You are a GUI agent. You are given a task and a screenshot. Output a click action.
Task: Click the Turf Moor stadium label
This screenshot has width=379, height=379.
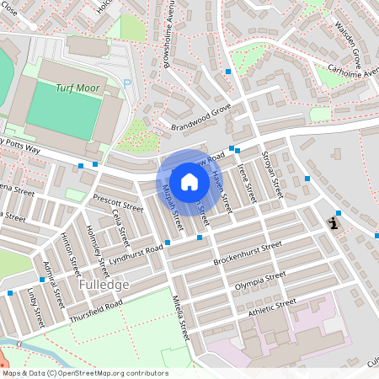click(x=77, y=88)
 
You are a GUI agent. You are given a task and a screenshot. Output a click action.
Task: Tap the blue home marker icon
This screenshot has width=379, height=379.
click(x=189, y=181)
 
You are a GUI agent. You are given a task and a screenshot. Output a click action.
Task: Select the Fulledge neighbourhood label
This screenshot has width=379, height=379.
click(x=104, y=285)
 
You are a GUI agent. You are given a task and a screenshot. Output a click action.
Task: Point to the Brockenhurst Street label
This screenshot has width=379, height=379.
click(x=247, y=252)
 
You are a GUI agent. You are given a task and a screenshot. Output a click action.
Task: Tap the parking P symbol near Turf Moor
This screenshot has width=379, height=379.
click(x=127, y=83)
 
